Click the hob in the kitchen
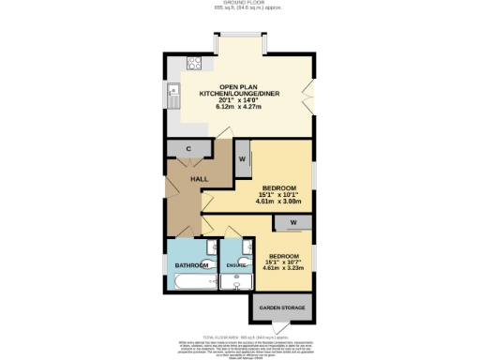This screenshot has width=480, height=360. [195, 64]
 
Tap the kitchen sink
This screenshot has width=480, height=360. [173, 93]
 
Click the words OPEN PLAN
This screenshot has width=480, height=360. [239, 86]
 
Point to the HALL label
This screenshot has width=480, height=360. [199, 178]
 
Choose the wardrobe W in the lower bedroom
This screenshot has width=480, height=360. [292, 222]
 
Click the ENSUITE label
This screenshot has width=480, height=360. [237, 265]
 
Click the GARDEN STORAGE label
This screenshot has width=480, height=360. [283, 307]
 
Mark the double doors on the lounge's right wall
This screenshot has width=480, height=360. [309, 96]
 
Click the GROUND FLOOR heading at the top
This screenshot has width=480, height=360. [239, 4]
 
